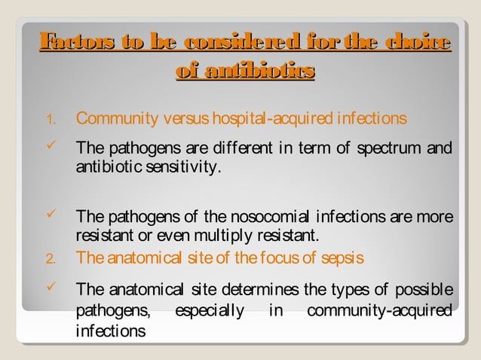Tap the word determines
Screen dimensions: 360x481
point(260,291)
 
